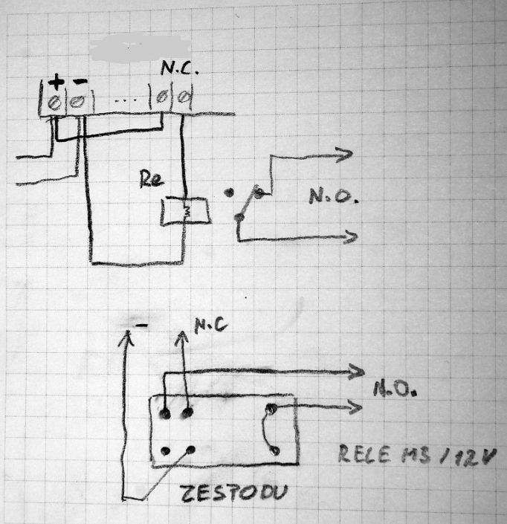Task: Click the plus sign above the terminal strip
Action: (x=56, y=81)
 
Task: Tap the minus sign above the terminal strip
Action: (x=78, y=83)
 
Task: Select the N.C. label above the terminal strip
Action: (x=178, y=69)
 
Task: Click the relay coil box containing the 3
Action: (x=185, y=212)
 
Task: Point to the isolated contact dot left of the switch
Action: (x=227, y=193)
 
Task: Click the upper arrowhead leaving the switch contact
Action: (x=346, y=154)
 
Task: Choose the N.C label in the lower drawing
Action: (x=211, y=326)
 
